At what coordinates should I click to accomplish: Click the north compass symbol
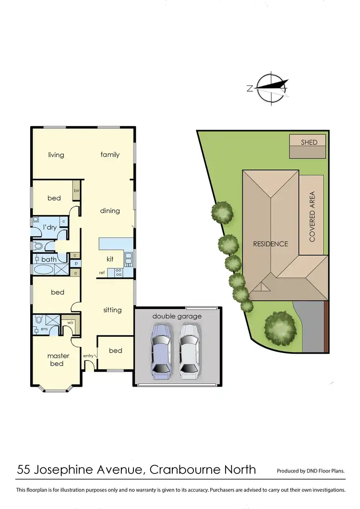(272, 88)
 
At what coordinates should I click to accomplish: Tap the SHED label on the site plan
(309, 142)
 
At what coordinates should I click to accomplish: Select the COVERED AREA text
(312, 216)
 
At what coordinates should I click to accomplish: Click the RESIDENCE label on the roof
(271, 244)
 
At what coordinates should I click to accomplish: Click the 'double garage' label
(177, 316)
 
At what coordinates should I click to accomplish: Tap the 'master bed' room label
(58, 360)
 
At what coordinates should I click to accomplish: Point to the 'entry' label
(88, 355)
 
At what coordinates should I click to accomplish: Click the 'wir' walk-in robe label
(70, 323)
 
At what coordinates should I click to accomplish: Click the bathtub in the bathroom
(44, 269)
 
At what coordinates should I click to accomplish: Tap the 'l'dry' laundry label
(50, 226)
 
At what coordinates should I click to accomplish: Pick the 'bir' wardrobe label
(76, 190)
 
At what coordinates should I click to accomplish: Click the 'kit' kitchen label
(110, 259)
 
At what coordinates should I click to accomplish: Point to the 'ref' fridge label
(102, 272)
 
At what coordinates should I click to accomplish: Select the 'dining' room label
(110, 211)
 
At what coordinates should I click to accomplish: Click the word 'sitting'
(112, 310)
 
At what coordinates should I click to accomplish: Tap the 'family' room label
(110, 154)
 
